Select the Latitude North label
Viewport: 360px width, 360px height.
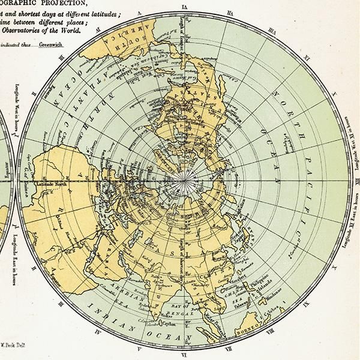click(x=52, y=166)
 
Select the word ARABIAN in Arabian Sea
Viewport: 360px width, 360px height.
click(x=127, y=287)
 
